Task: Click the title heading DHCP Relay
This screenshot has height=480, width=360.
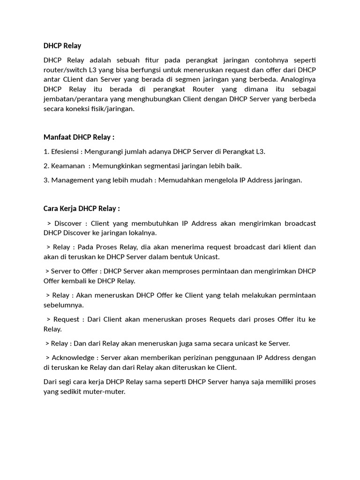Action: click(62, 45)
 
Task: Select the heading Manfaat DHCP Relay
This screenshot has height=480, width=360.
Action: click(79, 137)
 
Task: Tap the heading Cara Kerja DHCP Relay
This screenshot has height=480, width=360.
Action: click(82, 208)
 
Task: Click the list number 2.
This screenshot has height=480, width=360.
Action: click(46, 165)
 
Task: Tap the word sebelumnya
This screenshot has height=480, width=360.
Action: click(63, 305)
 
